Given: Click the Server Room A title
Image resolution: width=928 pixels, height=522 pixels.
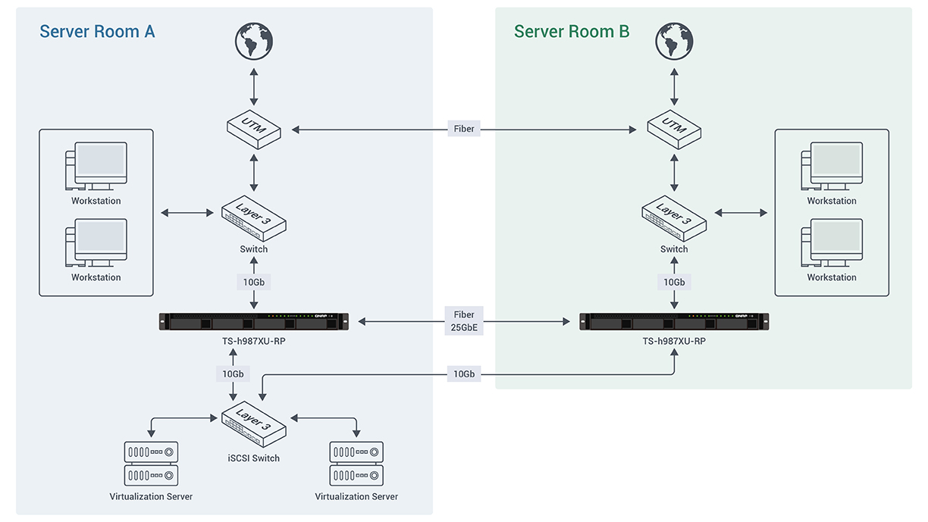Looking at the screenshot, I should click(x=97, y=32).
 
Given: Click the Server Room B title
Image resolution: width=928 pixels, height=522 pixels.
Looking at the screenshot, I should click(x=572, y=32).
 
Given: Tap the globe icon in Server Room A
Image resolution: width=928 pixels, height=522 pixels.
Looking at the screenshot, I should click(x=254, y=41).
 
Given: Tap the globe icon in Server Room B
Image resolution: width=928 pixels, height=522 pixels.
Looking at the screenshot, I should click(x=674, y=41).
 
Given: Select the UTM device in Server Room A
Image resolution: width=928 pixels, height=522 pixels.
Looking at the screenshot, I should click(x=254, y=129).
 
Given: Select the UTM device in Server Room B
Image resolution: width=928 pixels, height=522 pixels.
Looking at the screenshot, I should click(x=674, y=129).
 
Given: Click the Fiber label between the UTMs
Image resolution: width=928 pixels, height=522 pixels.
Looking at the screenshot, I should click(x=464, y=129).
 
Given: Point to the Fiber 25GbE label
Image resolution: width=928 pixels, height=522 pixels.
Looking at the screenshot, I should click(x=464, y=322).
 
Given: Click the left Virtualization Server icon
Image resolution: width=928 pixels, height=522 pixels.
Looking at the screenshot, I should click(x=151, y=464).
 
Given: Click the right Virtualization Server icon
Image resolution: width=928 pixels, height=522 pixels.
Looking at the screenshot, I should click(x=356, y=464).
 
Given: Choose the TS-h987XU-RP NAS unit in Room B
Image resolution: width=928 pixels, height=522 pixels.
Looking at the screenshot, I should click(x=674, y=322).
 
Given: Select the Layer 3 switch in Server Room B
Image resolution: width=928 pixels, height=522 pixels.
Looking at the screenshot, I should click(x=674, y=220).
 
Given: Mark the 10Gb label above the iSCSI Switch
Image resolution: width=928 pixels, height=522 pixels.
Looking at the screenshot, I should click(x=233, y=374).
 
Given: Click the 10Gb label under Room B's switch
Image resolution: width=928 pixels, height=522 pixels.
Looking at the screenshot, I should click(x=674, y=282).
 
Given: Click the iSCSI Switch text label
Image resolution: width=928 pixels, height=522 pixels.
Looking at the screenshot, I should click(x=254, y=458).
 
